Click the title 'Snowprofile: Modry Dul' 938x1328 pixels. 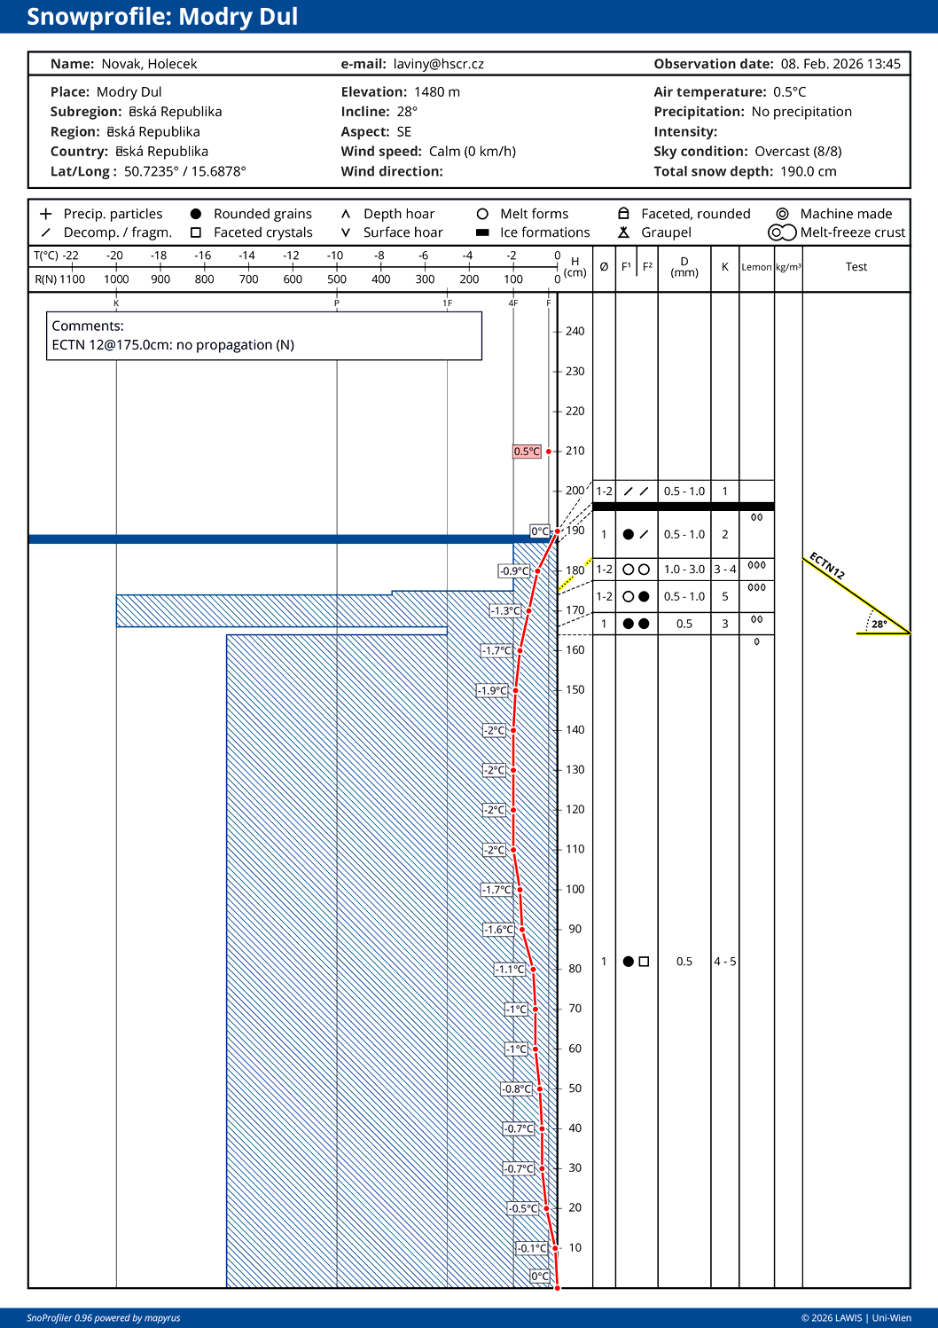[162, 17]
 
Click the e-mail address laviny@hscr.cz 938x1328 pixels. [438, 64]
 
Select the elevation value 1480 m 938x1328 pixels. [436, 92]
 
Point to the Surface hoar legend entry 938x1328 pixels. [403, 232]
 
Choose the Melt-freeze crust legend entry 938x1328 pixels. [852, 232]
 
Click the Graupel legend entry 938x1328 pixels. [666, 232]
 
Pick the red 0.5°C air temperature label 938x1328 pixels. [527, 452]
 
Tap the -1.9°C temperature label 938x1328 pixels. [493, 690]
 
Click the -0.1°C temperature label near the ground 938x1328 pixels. [532, 1248]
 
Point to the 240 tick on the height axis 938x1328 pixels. [575, 332]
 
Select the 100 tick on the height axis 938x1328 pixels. [575, 890]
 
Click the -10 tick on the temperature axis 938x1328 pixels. [335, 255]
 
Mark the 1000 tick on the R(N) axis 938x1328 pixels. [116, 279]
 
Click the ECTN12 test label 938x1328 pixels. [826, 566]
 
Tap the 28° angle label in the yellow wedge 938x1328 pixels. [879, 625]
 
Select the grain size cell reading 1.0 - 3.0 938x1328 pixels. [684, 570]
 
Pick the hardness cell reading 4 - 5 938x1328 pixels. [725, 962]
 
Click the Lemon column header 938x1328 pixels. [756, 267]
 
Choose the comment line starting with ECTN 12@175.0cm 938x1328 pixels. [173, 345]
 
